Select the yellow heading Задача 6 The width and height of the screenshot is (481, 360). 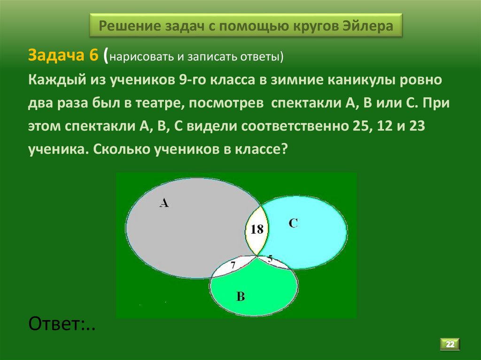tap(63, 55)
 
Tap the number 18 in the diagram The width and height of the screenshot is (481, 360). tap(256, 230)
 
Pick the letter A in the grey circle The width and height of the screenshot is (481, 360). tap(163, 203)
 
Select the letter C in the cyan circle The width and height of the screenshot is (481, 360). tap(293, 223)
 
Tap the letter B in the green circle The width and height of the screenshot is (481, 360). tap(240, 296)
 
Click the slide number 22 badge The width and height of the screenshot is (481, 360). tap(450, 345)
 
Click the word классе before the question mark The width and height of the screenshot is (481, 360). tap(258, 150)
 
